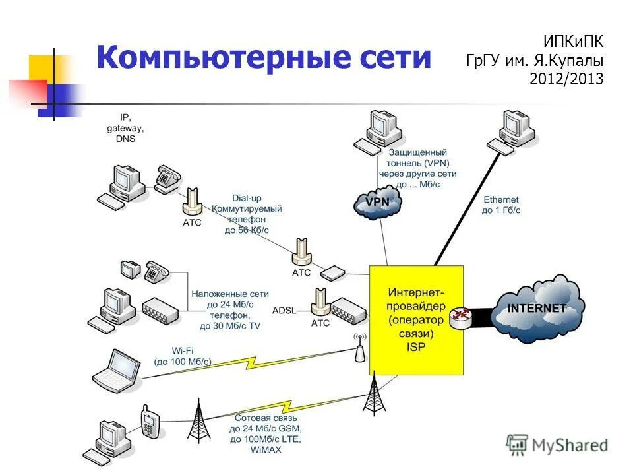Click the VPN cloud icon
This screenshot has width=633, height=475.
(x=378, y=203)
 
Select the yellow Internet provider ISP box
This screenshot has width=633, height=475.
(x=416, y=319)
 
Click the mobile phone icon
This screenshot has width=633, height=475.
(x=150, y=422)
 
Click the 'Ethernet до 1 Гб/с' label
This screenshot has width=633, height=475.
(x=501, y=205)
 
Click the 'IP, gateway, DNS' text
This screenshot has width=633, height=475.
(x=125, y=128)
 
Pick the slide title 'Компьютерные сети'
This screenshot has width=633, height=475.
(x=263, y=57)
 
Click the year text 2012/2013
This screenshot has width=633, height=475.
(x=566, y=79)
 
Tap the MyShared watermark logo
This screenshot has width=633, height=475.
(x=557, y=445)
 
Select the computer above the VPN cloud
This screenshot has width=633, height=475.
(x=378, y=132)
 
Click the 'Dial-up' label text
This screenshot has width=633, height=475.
(x=247, y=197)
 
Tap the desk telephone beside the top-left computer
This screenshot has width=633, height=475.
(x=167, y=177)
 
